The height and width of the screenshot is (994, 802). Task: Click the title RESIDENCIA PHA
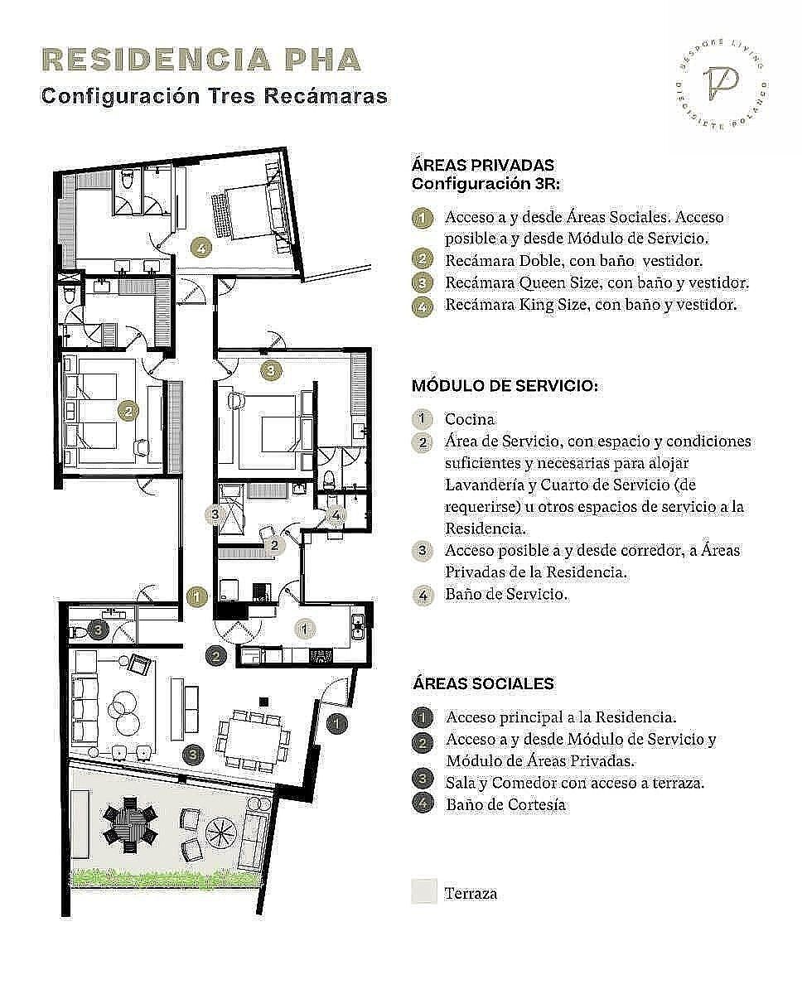pos(201,60)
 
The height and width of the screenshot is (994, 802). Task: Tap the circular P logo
pos(721,85)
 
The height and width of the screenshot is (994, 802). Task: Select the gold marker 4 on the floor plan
pos(201,248)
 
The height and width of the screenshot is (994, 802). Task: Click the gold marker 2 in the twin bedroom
pos(128,411)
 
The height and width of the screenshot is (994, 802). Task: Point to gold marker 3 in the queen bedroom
pos(271,370)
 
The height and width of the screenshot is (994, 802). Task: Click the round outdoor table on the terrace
pos(130,825)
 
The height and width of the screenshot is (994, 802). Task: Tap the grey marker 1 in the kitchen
pos(304,629)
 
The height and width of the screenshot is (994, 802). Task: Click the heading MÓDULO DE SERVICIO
pos(505,386)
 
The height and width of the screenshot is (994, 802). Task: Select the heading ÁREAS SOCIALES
pos(483,683)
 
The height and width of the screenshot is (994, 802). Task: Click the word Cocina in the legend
pos(470,419)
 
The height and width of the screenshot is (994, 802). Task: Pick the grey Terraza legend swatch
pos(424,892)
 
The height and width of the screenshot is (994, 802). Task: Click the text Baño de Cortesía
pos(505,804)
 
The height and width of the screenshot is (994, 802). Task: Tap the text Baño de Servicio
pos(506,594)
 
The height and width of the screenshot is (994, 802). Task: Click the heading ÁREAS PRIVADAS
pos(483,166)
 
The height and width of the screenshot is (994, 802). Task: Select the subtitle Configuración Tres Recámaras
pos(215,96)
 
